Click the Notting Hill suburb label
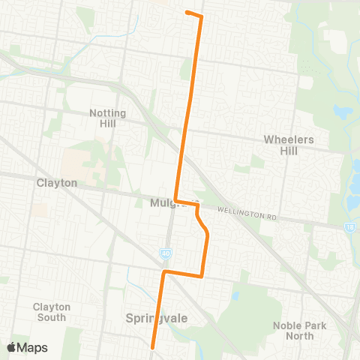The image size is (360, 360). [x=108, y=118]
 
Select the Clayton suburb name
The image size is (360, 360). [x=57, y=182]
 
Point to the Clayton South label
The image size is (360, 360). [x=51, y=312]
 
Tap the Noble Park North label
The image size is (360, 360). [x=297, y=330]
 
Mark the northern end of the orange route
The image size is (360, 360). [x=186, y=13]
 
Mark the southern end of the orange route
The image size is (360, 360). [x=152, y=347]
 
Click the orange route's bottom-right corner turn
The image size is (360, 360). [x=202, y=275]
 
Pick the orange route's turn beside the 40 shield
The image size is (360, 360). [x=164, y=271]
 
